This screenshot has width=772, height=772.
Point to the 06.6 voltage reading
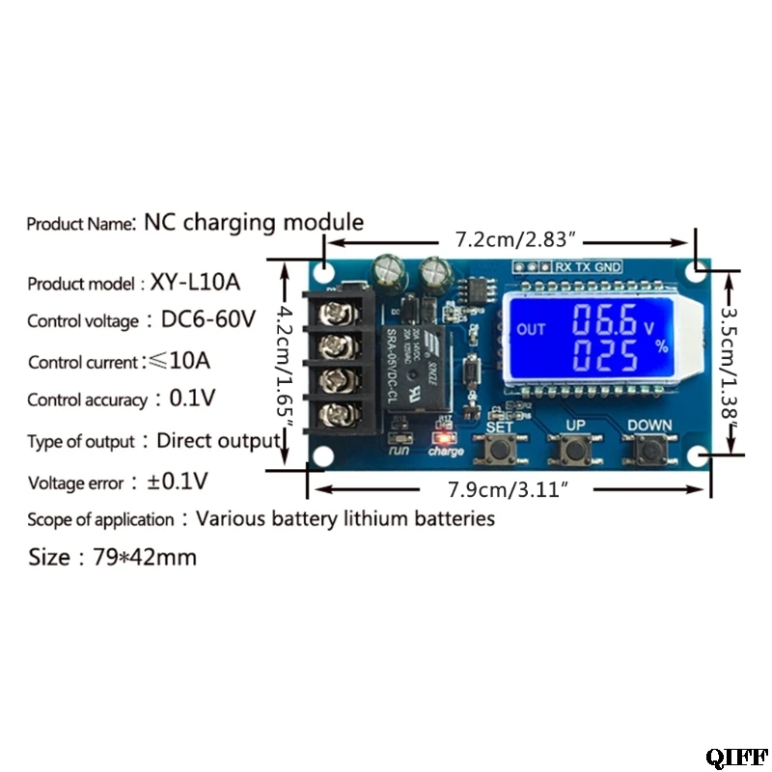click(x=600, y=319)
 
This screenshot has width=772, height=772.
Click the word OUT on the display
click(x=532, y=329)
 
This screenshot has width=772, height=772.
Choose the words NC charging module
click(x=254, y=223)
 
